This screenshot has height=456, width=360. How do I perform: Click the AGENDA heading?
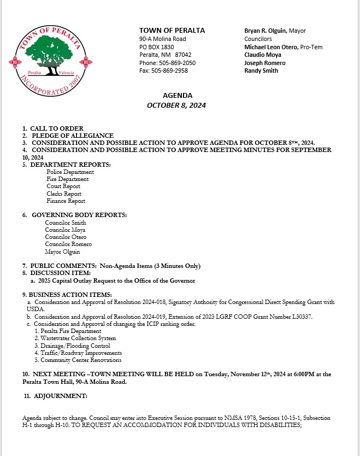point(177,96)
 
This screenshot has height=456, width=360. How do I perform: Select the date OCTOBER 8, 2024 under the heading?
point(176,106)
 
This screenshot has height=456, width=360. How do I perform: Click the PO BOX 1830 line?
point(157,47)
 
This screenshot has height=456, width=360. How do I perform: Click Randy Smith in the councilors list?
point(261,71)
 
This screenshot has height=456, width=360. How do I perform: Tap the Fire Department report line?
point(68,179)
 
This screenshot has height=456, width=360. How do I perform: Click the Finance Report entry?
point(66,201)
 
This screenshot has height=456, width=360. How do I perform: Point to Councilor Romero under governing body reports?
point(68,244)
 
